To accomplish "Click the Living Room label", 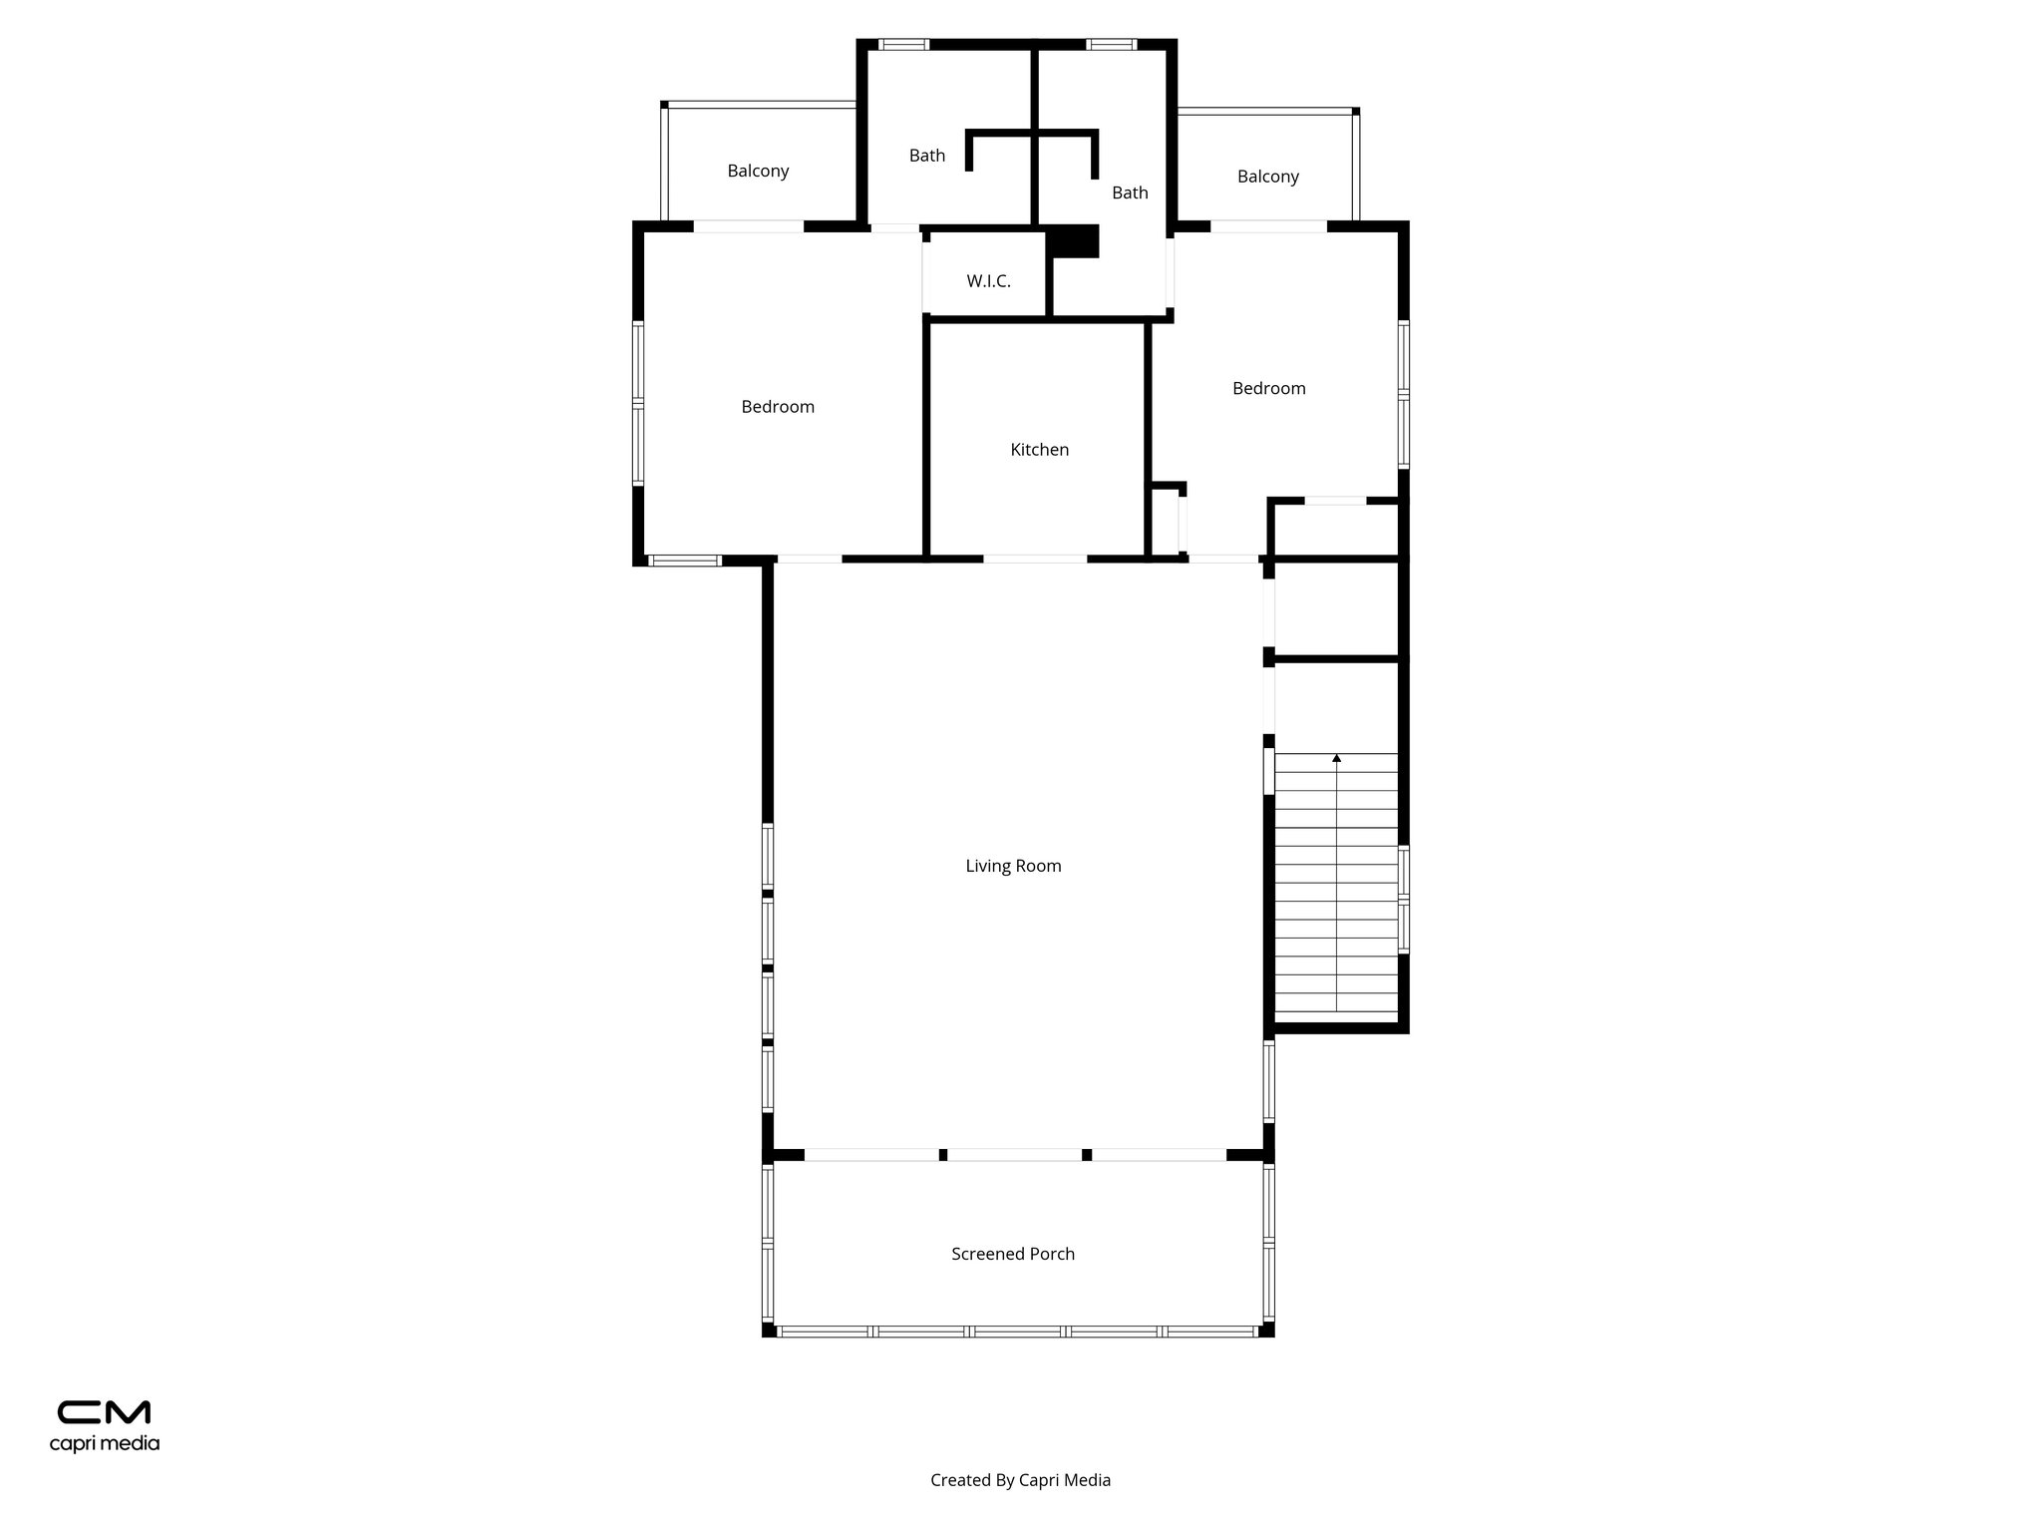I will [x=1013, y=866].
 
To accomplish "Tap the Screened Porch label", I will [x=1013, y=1254].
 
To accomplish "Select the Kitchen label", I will [x=1039, y=450].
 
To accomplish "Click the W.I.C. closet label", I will [x=988, y=281].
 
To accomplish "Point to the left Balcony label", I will [x=758, y=171].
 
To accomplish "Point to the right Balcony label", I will [x=1267, y=177].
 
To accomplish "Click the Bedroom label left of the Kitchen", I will [x=778, y=407].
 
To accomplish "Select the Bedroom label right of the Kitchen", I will [x=1268, y=389].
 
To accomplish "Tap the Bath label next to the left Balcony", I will [x=926, y=156].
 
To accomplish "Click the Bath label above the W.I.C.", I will [x=1130, y=192].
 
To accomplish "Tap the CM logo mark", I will [x=104, y=1412].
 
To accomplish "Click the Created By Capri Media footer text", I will [x=1020, y=1480].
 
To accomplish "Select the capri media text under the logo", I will [x=105, y=1443].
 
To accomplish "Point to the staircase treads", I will [x=1336, y=888].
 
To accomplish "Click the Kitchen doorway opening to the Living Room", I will [x=1035, y=560].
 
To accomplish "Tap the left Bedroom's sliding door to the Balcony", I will [x=748, y=226].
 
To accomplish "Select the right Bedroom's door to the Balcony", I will [x=1268, y=226].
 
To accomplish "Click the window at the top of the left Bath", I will [x=903, y=44].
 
